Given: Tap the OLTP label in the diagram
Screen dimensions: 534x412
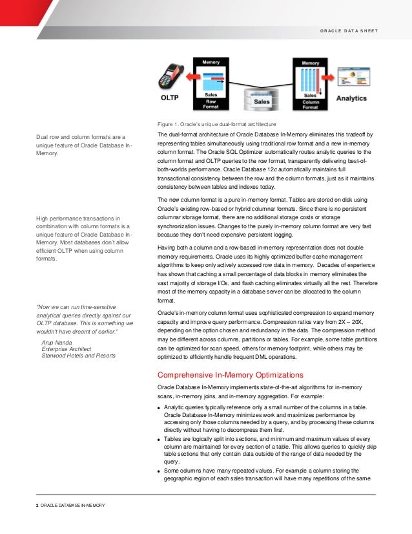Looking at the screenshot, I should coord(170,99).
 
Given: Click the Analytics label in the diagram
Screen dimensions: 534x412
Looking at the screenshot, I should coord(351,99).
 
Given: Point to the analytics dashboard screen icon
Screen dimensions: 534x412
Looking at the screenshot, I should coord(353,76).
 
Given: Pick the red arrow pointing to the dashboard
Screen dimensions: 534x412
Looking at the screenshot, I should coord(328,76).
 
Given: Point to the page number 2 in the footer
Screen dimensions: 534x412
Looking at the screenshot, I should coord(37,504).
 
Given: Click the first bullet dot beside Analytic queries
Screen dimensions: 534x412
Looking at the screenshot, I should coord(160,408).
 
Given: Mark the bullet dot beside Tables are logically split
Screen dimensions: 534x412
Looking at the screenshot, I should coord(160,439).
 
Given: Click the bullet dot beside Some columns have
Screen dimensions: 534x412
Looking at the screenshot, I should coord(160,471).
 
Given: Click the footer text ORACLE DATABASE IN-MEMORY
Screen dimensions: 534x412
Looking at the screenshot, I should coord(72,504).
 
